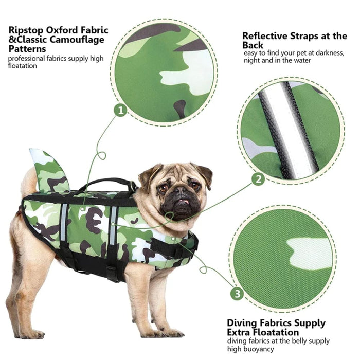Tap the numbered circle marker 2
pyautogui.click(x=259, y=179)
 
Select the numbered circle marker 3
pyautogui.click(x=236, y=294)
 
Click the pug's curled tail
pyautogui.click(x=29, y=180)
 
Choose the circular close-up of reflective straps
pyautogui.click(x=291, y=130)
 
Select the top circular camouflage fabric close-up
pyautogui.click(x=164, y=73)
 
